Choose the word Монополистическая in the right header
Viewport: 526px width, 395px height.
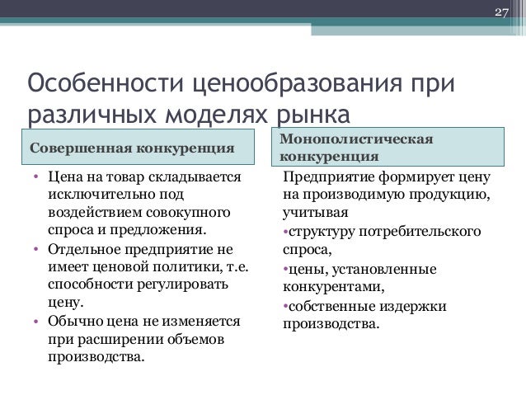(x=357, y=138)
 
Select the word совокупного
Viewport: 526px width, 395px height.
(x=191, y=213)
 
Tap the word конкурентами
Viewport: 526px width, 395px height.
(x=332, y=286)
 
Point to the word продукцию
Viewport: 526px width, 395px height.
(x=446, y=195)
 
